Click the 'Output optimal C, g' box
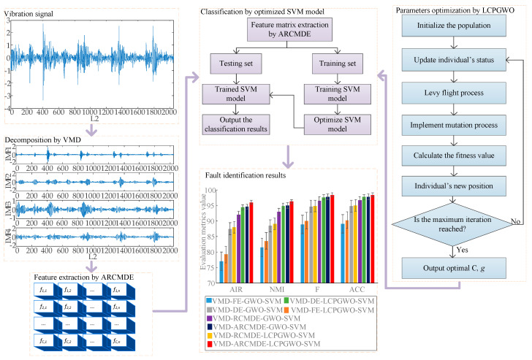pos(454,268)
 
